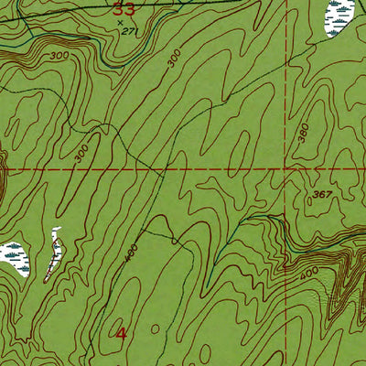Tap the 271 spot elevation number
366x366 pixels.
pyautogui.click(x=128, y=31)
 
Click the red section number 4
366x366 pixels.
pyautogui.click(x=122, y=333)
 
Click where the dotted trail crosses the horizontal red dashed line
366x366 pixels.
pyautogui.click(x=163, y=170)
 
